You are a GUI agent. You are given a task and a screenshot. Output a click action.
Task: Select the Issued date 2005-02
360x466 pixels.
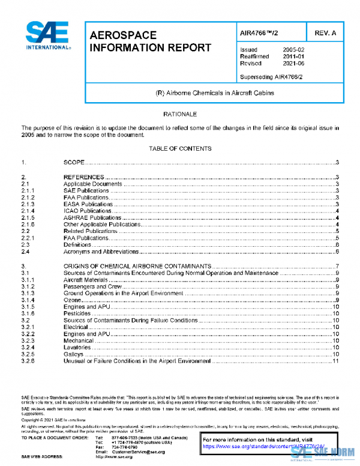(x=293, y=49)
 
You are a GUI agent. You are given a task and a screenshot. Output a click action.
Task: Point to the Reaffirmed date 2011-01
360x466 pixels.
(x=293, y=56)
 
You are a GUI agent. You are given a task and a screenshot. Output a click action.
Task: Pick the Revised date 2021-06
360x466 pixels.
(x=293, y=62)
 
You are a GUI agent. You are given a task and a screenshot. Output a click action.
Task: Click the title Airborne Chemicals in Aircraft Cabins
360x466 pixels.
(x=203, y=92)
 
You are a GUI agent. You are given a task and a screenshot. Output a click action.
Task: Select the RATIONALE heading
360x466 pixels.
(x=180, y=113)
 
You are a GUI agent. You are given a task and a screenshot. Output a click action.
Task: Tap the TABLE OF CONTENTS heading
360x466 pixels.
(x=180, y=148)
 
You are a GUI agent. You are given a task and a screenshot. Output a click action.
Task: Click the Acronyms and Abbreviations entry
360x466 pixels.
(x=101, y=252)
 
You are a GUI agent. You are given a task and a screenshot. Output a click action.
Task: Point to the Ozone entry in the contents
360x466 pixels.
(x=72, y=300)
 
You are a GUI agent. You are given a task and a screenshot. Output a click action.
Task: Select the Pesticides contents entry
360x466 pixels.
(x=77, y=313)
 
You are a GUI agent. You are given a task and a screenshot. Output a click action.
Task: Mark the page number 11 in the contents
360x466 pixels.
(x=336, y=361)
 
